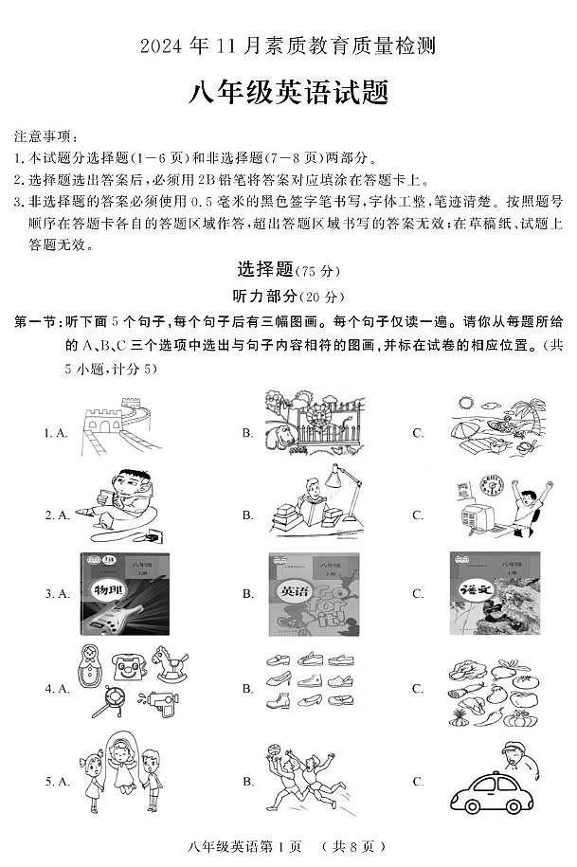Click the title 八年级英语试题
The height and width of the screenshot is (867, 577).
click(288, 94)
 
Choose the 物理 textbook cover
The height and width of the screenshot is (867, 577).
click(124, 594)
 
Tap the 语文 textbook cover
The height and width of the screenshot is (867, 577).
click(495, 594)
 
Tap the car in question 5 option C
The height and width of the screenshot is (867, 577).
click(493, 792)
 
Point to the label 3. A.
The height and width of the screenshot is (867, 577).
click(58, 594)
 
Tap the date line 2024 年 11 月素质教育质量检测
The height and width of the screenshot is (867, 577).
click(288, 45)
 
